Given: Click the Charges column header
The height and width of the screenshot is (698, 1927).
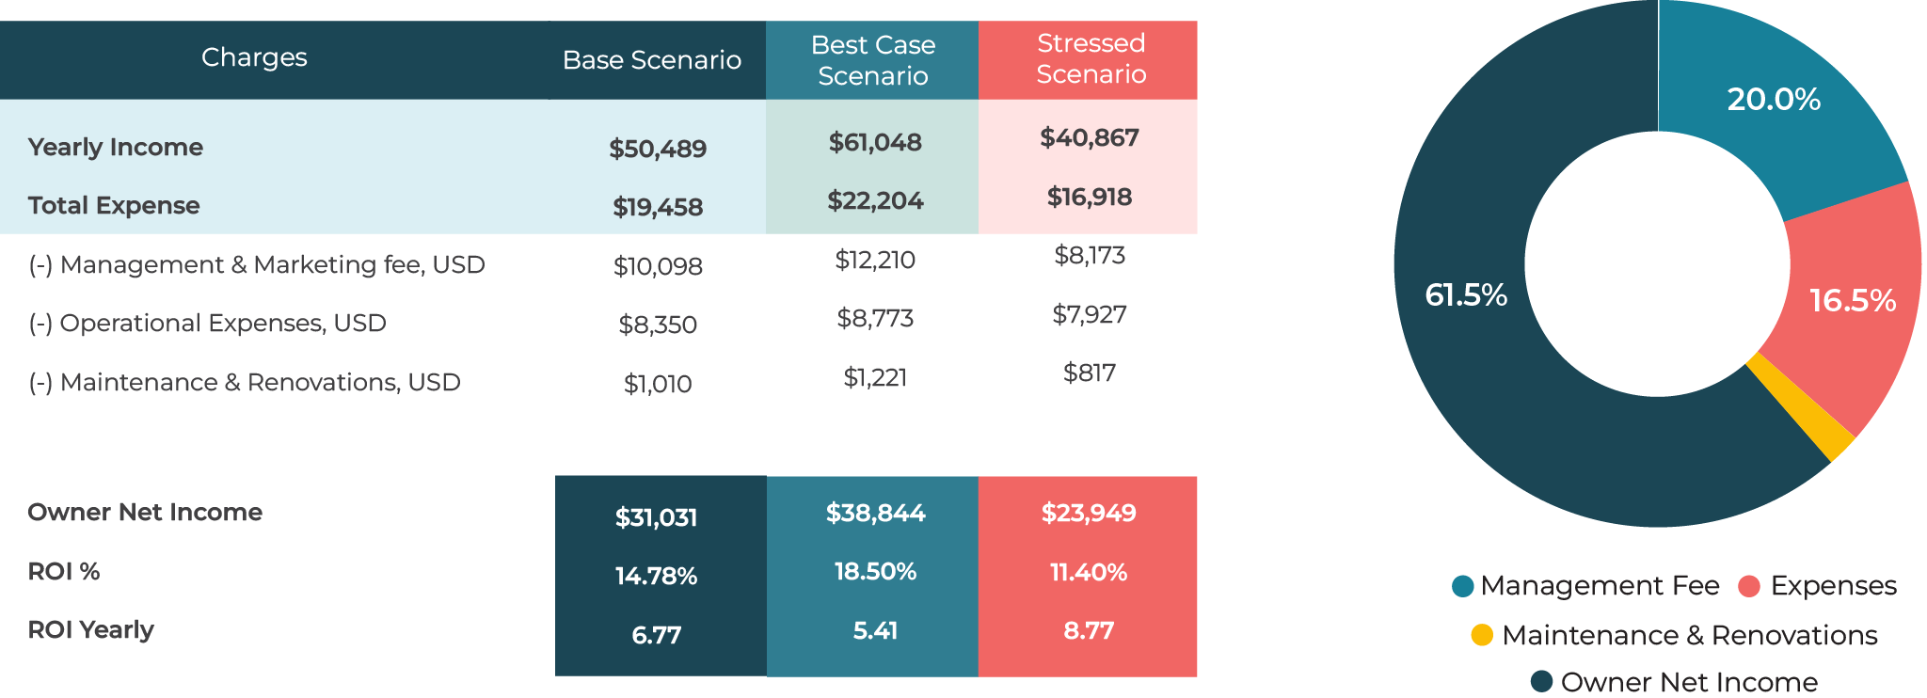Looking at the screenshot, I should click(254, 58).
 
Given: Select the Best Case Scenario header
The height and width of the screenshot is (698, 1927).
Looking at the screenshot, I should click(872, 60).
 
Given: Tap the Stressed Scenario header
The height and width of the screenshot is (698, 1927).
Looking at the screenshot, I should click(1091, 58).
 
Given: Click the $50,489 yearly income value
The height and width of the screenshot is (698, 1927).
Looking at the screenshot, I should click(657, 149).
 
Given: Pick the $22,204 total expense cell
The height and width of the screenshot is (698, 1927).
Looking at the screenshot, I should click(875, 200).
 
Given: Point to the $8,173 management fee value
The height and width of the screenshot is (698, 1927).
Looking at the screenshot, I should click(1090, 255).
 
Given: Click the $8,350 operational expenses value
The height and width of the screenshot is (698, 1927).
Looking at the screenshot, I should click(657, 325).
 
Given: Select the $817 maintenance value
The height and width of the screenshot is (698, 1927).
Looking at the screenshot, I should click(1090, 373).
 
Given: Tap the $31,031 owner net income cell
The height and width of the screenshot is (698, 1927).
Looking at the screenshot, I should click(656, 517).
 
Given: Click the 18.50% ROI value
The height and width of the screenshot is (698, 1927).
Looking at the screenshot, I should click(875, 571).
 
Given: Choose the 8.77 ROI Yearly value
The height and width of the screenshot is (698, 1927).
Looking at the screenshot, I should click(1089, 630).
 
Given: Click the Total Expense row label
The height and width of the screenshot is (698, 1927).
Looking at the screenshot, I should click(114, 205).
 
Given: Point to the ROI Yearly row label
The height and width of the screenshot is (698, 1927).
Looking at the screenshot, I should click(90, 629).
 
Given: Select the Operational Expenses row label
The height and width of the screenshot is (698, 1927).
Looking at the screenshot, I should click(207, 323).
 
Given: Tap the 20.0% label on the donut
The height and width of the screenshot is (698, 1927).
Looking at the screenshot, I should click(1774, 99).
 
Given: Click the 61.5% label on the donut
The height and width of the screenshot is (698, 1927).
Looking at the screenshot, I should click(1466, 295).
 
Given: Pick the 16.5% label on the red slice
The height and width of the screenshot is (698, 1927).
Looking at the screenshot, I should click(1853, 300).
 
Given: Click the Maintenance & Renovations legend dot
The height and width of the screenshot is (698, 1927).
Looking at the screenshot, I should click(1482, 635).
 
